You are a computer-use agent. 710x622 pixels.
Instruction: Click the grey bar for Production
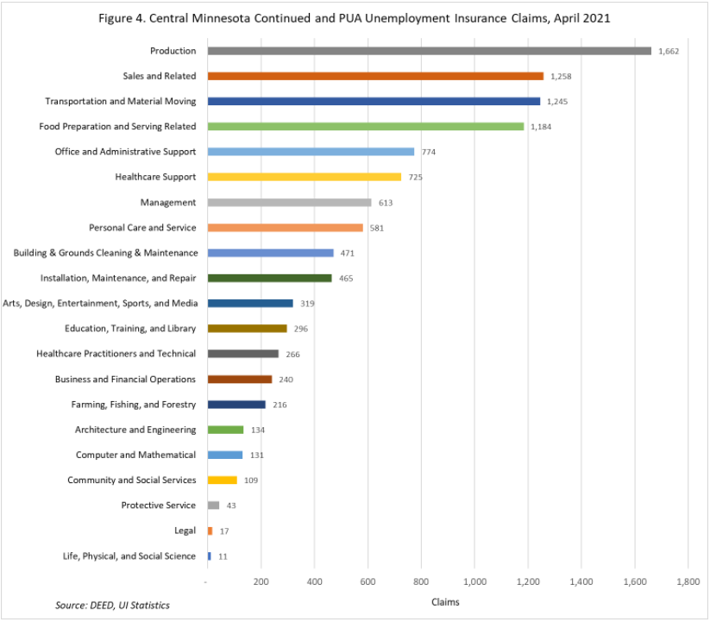click(x=430, y=51)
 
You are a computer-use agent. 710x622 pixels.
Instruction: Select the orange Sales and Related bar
click(x=375, y=76)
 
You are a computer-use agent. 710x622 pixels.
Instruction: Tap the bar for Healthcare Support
click(x=305, y=177)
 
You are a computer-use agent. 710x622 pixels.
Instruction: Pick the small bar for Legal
click(x=210, y=531)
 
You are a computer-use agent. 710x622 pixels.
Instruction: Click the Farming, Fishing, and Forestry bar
click(x=236, y=405)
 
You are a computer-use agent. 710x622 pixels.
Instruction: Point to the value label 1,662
click(x=669, y=51)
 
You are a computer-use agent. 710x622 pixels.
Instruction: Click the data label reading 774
click(x=429, y=152)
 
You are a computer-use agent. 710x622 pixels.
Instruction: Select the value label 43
click(x=231, y=506)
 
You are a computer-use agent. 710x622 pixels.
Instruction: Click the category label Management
click(x=168, y=203)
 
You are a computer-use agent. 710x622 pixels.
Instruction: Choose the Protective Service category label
click(x=159, y=506)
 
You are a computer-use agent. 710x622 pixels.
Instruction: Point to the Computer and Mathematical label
click(x=135, y=455)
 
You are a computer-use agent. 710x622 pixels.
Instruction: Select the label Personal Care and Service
click(x=142, y=228)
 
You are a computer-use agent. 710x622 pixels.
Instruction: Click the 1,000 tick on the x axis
click(x=474, y=583)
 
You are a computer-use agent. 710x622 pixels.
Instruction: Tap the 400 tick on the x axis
click(x=314, y=583)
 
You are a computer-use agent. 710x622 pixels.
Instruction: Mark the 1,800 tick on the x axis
click(x=688, y=583)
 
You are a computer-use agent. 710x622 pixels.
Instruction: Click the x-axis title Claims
click(x=446, y=601)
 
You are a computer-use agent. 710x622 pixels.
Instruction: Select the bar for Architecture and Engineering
click(x=226, y=430)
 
